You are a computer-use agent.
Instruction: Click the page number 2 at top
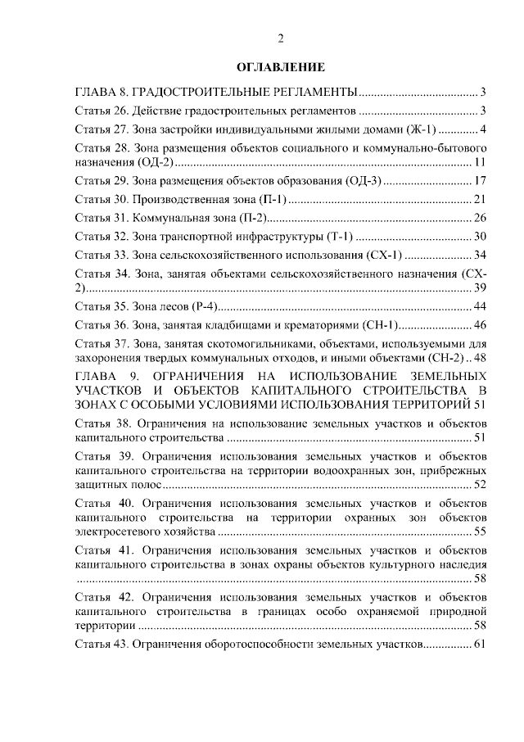coord(281,38)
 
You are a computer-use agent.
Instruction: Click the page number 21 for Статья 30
coord(481,200)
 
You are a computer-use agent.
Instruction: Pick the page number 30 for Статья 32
coord(481,237)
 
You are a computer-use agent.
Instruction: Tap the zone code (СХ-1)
coord(381,254)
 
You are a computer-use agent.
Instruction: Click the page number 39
coord(481,288)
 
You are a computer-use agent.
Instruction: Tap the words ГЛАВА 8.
coord(102,90)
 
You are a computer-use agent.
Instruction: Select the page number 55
coord(481,532)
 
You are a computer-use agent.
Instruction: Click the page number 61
coord(481,645)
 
